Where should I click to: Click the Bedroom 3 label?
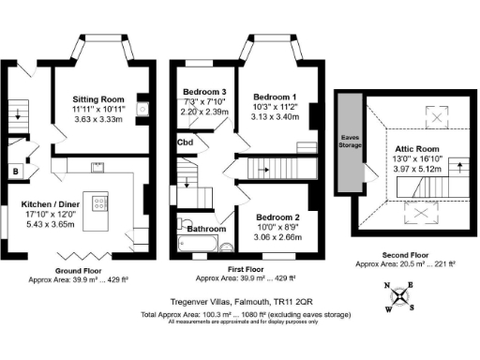(205, 91)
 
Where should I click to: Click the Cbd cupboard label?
(186, 142)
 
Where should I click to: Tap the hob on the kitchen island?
(100, 202)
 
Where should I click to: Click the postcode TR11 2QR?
(293, 300)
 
